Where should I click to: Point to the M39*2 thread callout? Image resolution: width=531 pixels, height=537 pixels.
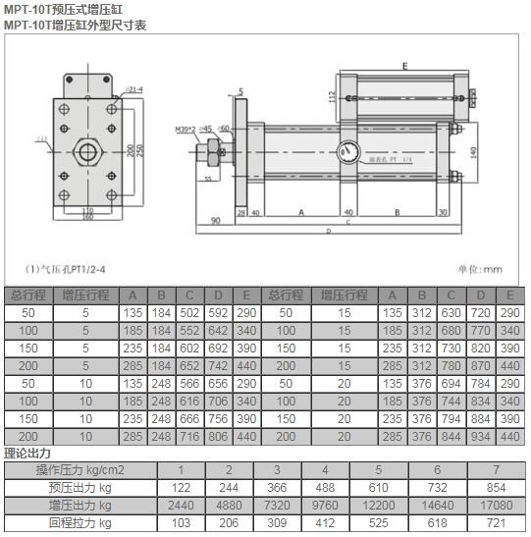[186, 129]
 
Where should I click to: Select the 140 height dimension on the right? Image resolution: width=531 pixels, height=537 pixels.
[473, 153]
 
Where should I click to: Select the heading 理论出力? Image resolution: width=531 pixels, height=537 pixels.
[26, 453]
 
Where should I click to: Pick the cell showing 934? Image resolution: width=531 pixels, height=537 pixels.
[481, 435]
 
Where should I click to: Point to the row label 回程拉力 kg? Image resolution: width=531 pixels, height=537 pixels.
[76, 522]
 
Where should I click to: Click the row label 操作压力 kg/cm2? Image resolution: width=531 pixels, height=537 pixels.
[76, 469]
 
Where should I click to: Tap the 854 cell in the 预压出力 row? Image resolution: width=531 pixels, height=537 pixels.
[497, 487]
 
